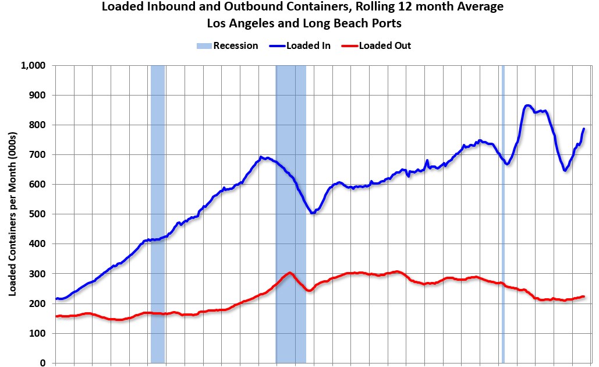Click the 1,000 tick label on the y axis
pyautogui.click(x=34, y=65)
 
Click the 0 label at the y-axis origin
pyautogui.click(x=43, y=363)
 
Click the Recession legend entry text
pyautogui.click(x=235, y=45)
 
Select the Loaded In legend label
pyautogui.click(x=309, y=45)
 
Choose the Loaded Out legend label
pyautogui.click(x=385, y=45)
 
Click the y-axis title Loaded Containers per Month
pyautogui.click(x=12, y=214)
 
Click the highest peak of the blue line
pyautogui.click(x=527, y=105)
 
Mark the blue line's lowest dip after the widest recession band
pyautogui.click(x=313, y=213)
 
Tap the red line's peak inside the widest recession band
pyautogui.click(x=289, y=273)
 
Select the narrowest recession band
pyautogui.click(x=503, y=214)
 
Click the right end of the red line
pyautogui.click(x=583, y=297)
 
